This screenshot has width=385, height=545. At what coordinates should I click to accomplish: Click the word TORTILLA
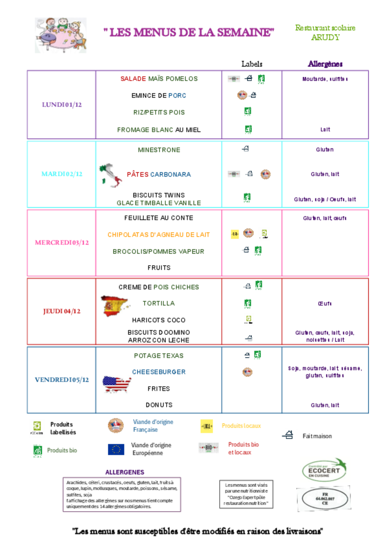(x=159, y=303)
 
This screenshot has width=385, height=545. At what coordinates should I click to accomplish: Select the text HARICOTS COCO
(x=159, y=320)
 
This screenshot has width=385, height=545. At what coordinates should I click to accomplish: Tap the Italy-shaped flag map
(x=111, y=175)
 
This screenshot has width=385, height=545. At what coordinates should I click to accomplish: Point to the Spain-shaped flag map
(x=115, y=306)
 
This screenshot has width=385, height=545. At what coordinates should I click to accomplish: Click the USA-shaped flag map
(x=117, y=385)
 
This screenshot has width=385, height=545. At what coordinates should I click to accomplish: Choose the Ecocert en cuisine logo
(x=325, y=470)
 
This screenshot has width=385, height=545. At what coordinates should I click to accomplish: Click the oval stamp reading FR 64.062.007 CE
(x=325, y=499)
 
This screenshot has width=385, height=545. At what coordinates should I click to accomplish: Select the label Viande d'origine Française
(x=157, y=426)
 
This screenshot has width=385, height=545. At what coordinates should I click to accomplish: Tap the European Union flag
(x=116, y=449)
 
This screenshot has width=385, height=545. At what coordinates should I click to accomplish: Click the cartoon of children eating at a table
(x=61, y=35)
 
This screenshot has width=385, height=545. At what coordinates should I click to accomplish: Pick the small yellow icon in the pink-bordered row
(x=235, y=234)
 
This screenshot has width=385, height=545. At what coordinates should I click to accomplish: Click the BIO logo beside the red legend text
(x=208, y=448)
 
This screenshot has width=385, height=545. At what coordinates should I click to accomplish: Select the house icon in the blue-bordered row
(x=247, y=355)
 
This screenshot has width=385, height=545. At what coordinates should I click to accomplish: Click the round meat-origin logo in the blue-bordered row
(x=247, y=372)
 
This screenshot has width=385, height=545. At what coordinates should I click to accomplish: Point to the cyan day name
(x=62, y=174)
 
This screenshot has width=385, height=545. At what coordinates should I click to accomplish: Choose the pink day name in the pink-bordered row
(x=62, y=243)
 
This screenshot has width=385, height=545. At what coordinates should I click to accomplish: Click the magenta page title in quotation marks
(x=189, y=32)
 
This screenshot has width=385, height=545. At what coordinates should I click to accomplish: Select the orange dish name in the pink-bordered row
(x=158, y=234)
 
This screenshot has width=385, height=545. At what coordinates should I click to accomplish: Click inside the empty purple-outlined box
(x=122, y=494)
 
